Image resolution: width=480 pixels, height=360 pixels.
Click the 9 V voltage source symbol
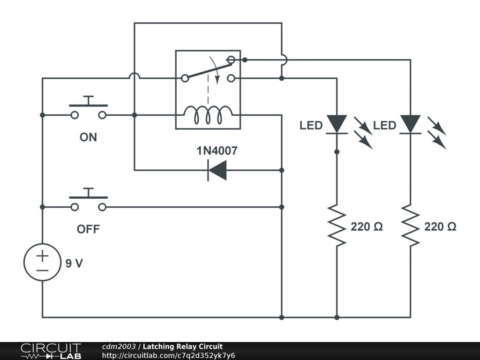click(x=42, y=262)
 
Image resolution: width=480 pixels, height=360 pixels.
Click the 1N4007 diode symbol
click(x=217, y=170)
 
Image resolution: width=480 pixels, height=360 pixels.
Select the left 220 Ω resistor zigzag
click(x=337, y=225)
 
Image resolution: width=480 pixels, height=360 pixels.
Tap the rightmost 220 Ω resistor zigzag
click(x=410, y=225)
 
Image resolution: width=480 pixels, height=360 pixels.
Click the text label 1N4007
click(x=217, y=151)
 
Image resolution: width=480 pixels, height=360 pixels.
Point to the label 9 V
click(x=74, y=263)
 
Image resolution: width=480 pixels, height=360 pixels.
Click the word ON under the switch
click(x=88, y=137)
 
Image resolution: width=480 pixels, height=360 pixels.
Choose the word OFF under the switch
click(x=88, y=229)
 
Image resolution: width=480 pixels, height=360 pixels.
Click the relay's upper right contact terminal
click(x=231, y=60)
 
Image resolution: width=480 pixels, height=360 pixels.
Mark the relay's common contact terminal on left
click(x=185, y=78)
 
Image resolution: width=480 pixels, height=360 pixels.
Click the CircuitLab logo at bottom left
click(x=51, y=351)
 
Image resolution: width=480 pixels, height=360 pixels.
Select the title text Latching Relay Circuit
click(x=183, y=347)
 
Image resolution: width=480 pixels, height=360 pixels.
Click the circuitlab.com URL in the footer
click(x=168, y=356)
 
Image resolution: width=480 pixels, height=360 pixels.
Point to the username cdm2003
click(x=119, y=347)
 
